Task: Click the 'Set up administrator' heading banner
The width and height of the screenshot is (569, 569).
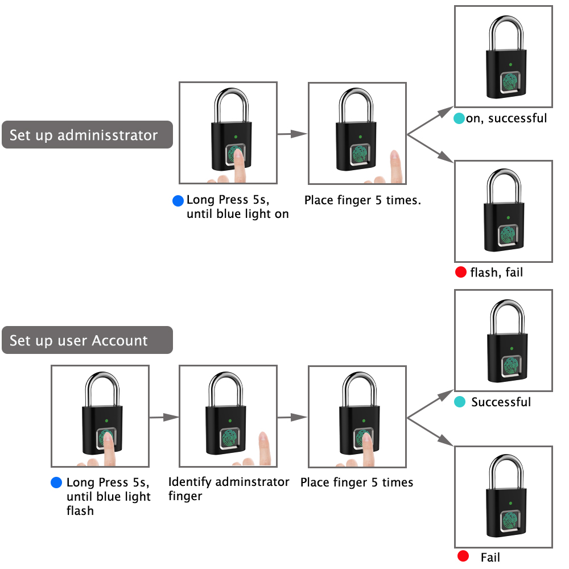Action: (x=87, y=135)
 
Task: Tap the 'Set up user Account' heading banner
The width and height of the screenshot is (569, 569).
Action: (x=87, y=340)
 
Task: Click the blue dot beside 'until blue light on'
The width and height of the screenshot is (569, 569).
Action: (x=179, y=201)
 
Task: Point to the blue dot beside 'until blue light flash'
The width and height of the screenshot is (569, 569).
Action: (x=56, y=483)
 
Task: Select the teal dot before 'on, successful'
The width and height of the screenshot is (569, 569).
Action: (x=459, y=119)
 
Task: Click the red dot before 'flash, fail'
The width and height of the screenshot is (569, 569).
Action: (x=461, y=273)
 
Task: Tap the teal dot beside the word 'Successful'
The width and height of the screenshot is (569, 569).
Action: (x=460, y=402)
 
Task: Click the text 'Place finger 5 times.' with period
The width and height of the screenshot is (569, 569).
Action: (x=362, y=200)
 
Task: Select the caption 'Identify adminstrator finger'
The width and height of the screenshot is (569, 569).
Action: (x=229, y=489)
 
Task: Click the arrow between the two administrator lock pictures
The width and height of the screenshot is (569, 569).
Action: (x=292, y=134)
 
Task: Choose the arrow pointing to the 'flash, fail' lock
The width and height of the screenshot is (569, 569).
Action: (x=431, y=150)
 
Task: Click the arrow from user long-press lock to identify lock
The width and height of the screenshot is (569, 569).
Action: (x=164, y=417)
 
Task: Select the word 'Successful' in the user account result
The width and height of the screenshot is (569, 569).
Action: (x=501, y=402)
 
